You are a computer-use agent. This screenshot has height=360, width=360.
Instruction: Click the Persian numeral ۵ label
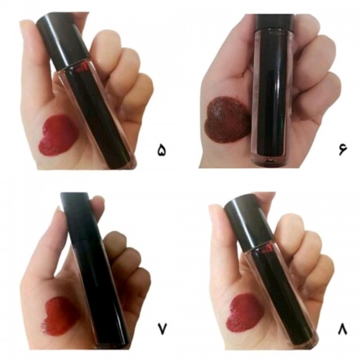(161, 150)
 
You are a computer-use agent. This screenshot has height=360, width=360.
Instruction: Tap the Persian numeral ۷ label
(162, 328)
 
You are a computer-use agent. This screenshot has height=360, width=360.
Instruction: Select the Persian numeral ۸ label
(343, 328)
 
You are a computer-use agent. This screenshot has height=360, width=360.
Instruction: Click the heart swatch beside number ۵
(58, 135)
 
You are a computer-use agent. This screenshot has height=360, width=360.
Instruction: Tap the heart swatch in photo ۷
(60, 316)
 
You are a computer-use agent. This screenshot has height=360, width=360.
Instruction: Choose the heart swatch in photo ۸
(244, 313)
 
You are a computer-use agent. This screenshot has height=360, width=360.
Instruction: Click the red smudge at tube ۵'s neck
(83, 68)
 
